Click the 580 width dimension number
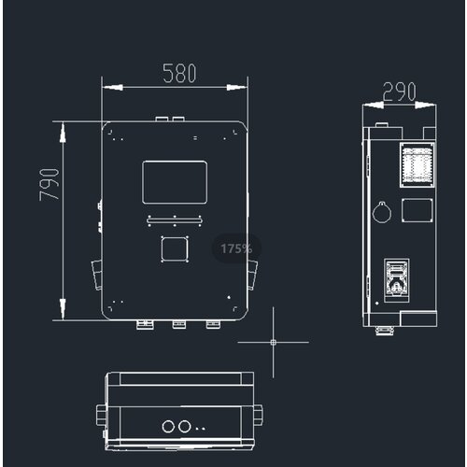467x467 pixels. pos(179,73)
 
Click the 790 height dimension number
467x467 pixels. pos(50,185)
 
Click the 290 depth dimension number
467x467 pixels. pos(399,92)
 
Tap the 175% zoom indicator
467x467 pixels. pos(236,248)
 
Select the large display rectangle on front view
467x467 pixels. pos(175,182)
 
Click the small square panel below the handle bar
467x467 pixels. pos(175,249)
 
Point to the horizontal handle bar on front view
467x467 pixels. pos(175,220)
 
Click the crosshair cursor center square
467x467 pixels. pos(274,342)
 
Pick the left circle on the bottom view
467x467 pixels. pos(168,427)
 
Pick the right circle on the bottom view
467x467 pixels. pos(184,427)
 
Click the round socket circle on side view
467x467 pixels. pos(382,212)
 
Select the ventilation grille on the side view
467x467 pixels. pos(417,165)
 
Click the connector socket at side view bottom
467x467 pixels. pos(396,280)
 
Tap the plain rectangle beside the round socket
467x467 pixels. pos(417,210)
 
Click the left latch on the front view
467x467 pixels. pos(97,276)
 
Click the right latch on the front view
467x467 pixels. pos(252,276)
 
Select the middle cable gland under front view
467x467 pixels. pos(179,324)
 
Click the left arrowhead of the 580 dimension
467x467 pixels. pos(112,88)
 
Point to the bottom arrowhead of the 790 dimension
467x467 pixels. pos(63,309)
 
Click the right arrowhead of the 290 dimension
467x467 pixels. pos(426,106)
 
